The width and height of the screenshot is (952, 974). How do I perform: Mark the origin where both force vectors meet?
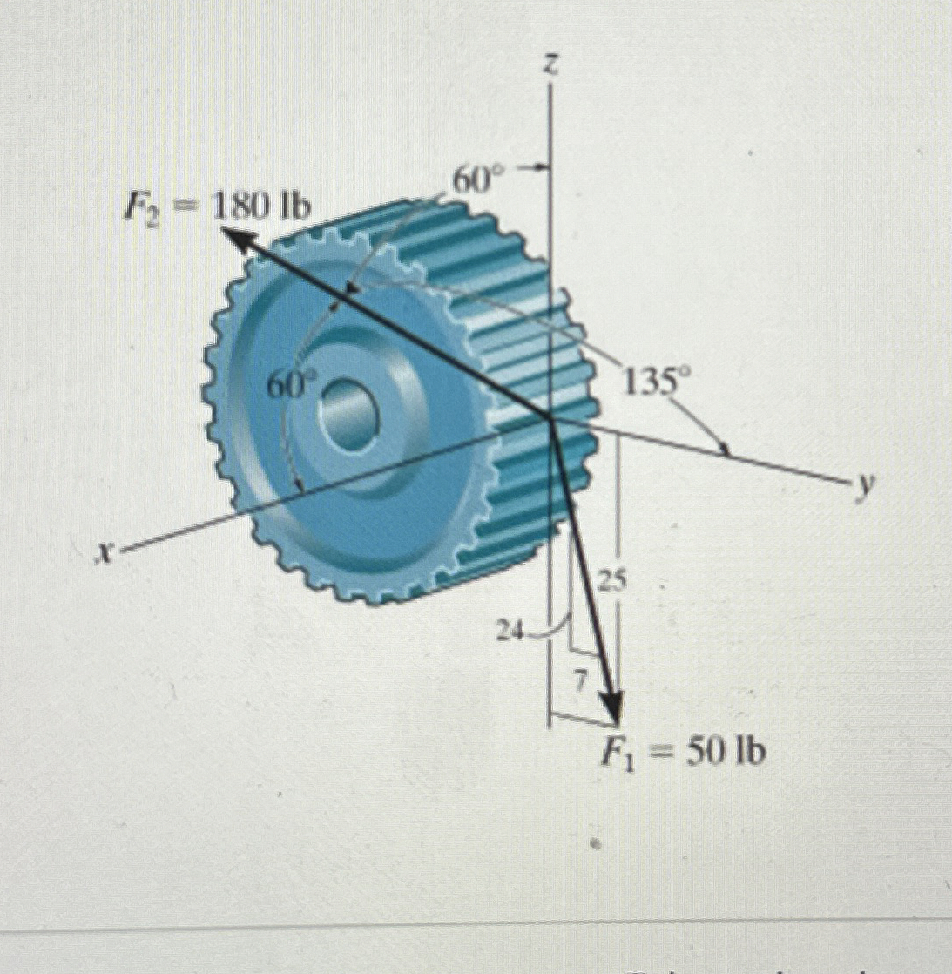550,418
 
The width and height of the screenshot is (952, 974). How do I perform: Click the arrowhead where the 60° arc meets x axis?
300,491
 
